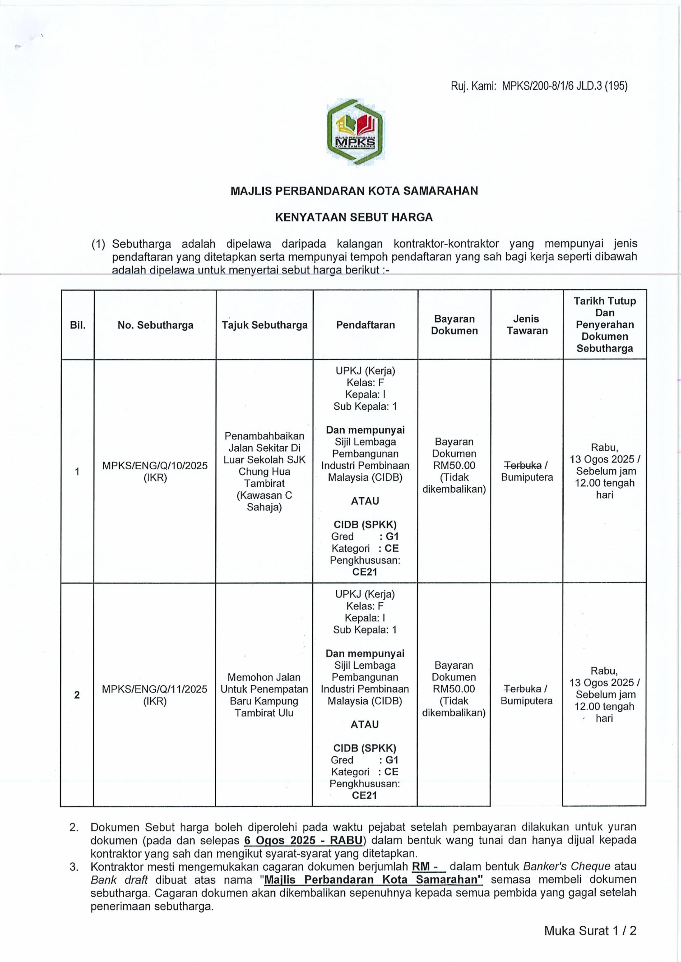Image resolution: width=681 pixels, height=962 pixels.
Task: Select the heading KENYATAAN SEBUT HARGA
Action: click(x=354, y=217)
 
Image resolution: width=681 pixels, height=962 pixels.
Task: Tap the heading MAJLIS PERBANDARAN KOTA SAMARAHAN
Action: click(x=354, y=191)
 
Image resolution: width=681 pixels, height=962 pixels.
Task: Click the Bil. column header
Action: click(x=78, y=325)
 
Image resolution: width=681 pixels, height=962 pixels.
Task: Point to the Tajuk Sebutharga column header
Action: click(x=264, y=325)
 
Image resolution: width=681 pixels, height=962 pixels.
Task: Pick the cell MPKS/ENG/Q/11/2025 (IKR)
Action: click(x=155, y=695)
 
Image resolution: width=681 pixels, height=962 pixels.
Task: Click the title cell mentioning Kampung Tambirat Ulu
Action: click(x=264, y=695)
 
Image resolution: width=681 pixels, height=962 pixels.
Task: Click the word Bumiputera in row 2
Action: click(x=527, y=701)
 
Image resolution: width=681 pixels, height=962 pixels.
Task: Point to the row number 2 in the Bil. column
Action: click(x=77, y=695)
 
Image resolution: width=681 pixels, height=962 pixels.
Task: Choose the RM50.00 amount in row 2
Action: click(x=454, y=689)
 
